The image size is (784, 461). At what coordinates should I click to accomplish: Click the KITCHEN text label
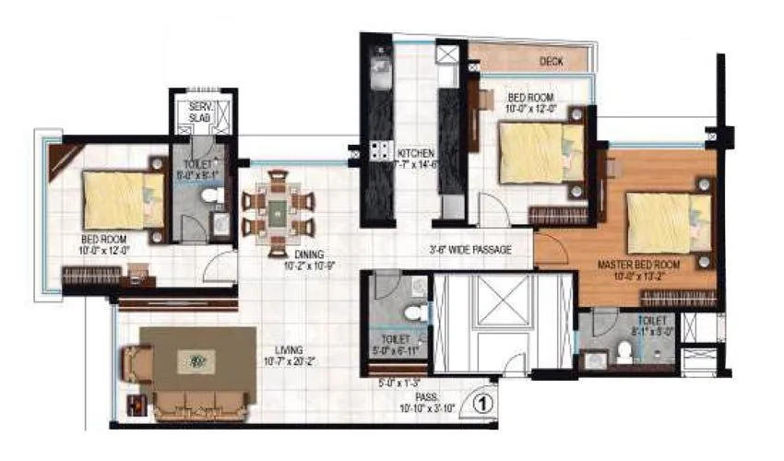click(x=415, y=152)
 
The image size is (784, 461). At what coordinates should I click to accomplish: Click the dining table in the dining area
click(x=278, y=213)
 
